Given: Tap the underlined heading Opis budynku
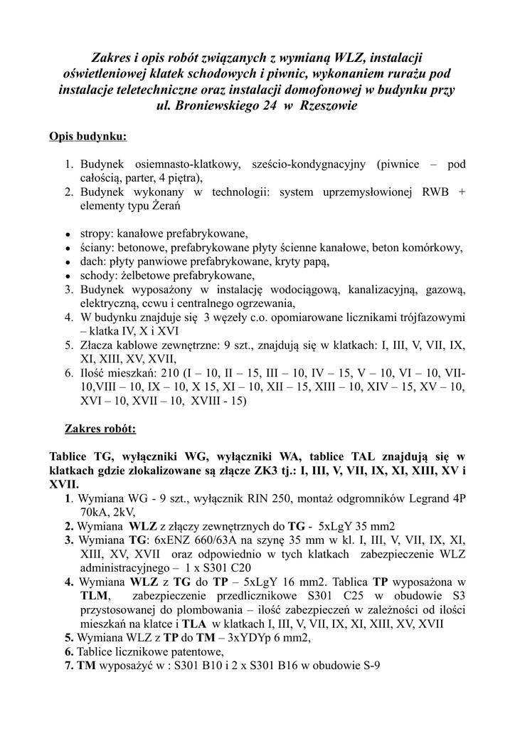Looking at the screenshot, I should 88,136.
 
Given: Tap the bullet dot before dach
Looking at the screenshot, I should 67,262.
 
